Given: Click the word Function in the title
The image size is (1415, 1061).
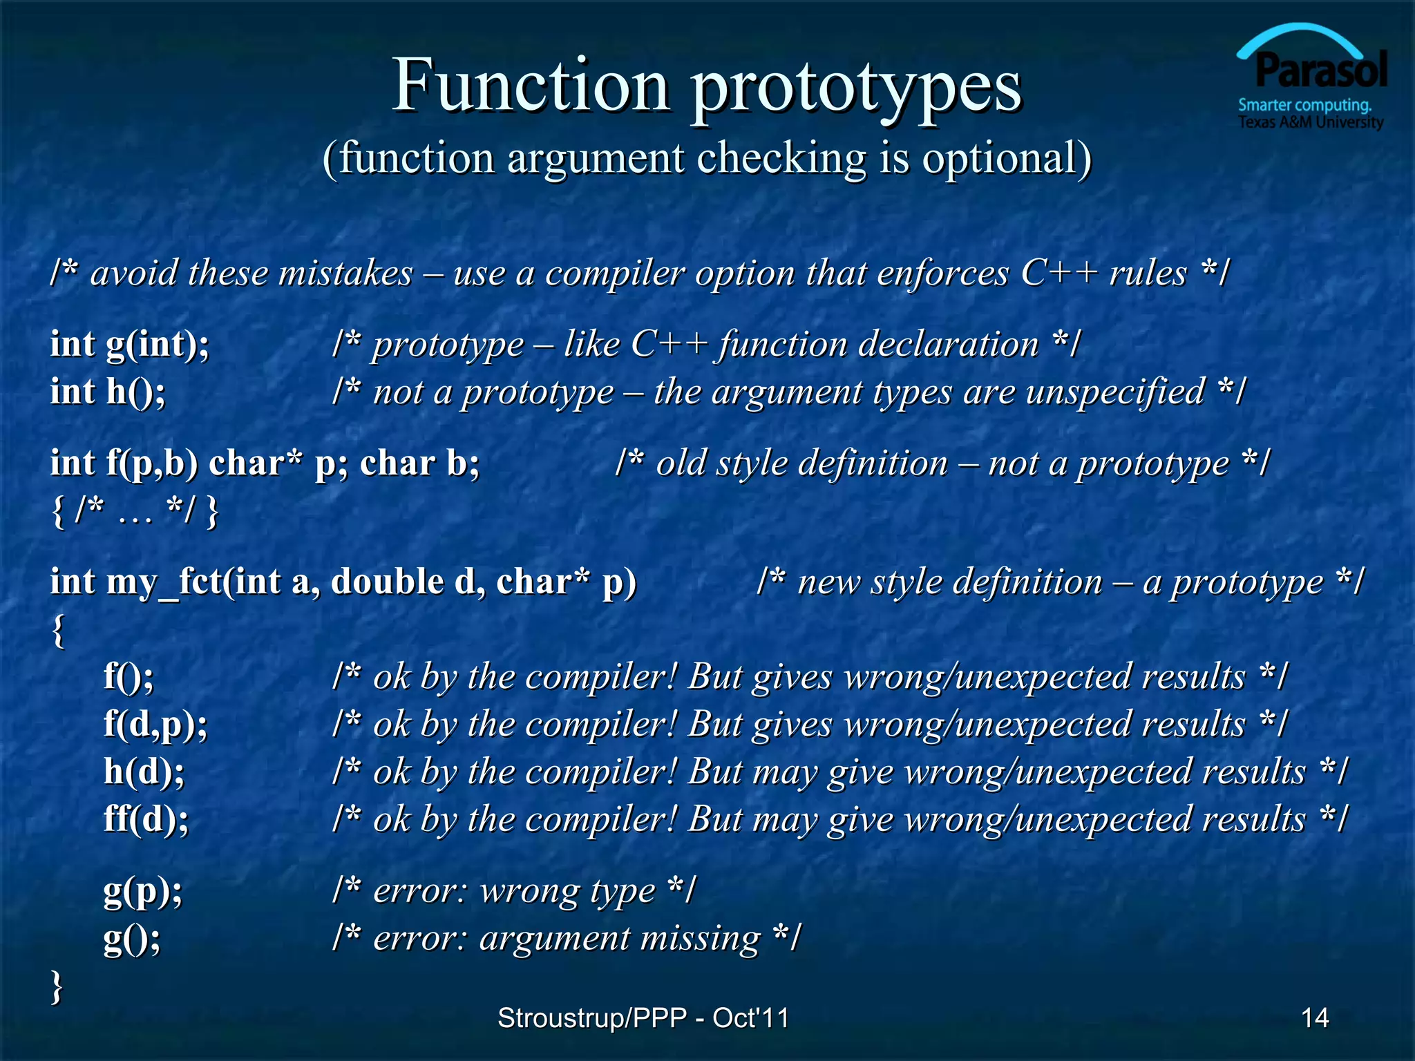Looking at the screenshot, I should point(531,86).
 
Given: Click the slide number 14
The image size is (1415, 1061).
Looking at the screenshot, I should point(1314,1017).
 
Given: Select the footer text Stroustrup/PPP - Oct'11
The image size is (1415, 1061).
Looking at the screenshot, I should point(643,1017).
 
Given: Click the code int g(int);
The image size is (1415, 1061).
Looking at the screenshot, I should point(130,344).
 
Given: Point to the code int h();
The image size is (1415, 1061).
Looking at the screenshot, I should point(108,392).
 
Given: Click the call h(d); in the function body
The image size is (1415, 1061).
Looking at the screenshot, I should point(144,771).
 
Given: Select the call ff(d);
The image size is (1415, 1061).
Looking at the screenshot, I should point(146,819).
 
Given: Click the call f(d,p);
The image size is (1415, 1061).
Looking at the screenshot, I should point(155,724).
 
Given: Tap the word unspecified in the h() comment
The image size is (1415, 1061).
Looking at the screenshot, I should point(1115,392).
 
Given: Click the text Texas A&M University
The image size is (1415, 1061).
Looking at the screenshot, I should point(1310,123).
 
